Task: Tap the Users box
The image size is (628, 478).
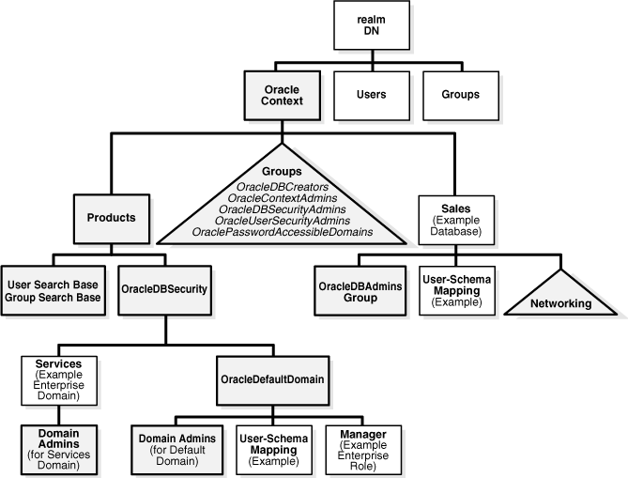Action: [x=372, y=95]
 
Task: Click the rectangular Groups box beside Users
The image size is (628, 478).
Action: [x=461, y=95]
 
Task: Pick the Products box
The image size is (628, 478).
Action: [x=112, y=217]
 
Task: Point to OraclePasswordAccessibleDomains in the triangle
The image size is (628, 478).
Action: [x=282, y=231]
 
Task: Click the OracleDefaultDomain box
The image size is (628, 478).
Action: [x=272, y=378]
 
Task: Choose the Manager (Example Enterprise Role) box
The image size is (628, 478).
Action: [x=362, y=450]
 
